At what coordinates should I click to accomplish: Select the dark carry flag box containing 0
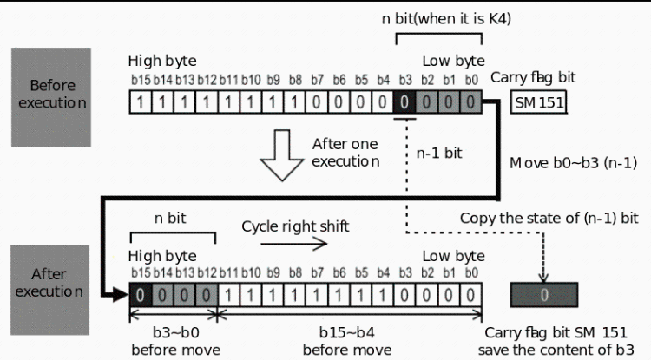coord(542,295)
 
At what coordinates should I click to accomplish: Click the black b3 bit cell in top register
coord(404,103)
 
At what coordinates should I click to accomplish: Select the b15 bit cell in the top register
coord(139,103)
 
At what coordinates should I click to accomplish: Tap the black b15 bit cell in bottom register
coord(141,296)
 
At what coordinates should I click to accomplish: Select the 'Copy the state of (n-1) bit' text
coord(549,219)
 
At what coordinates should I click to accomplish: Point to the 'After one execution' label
coord(347,152)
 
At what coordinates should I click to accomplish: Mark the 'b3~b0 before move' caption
coord(173,341)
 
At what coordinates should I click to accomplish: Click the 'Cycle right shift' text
coord(295,226)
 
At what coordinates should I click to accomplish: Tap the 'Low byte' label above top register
coord(452,61)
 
